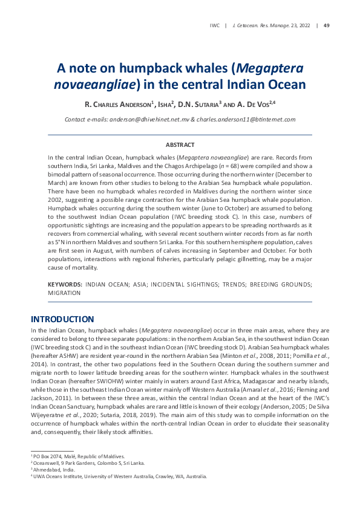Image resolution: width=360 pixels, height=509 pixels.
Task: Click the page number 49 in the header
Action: (327, 25)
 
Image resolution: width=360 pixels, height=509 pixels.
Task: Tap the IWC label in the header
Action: (214, 25)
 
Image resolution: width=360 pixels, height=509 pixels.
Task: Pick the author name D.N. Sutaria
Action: (200, 105)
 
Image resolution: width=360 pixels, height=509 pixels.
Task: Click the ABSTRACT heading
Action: (180, 145)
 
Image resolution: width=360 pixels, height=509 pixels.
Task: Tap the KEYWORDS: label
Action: (65, 284)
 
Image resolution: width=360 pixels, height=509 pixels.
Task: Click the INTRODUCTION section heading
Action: (62, 319)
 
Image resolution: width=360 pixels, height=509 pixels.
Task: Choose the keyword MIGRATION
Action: (64, 293)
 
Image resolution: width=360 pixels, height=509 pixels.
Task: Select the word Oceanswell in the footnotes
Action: (49, 462)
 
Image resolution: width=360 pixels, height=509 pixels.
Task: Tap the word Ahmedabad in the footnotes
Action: (49, 470)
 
